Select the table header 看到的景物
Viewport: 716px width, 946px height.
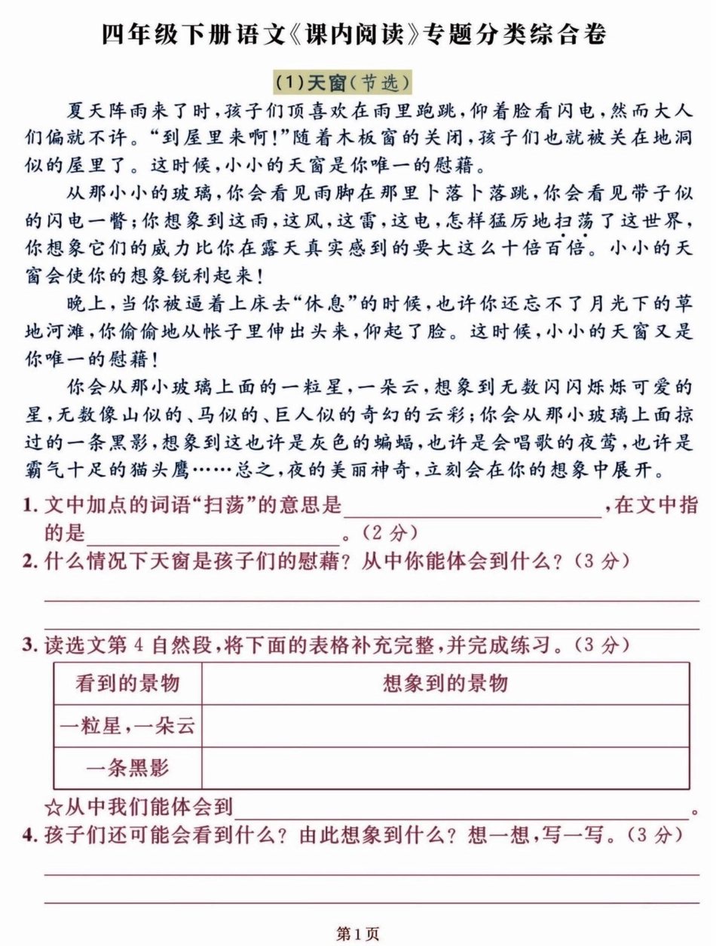pyautogui.click(x=127, y=684)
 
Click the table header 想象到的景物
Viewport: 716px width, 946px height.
pyautogui.click(x=445, y=684)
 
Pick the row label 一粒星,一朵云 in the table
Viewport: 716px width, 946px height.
pyautogui.click(x=127, y=726)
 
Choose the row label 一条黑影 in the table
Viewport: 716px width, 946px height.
pyautogui.click(x=127, y=768)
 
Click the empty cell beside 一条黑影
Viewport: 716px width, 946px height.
pyautogui.click(x=445, y=768)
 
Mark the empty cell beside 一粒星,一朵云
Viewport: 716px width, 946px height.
pyautogui.click(x=445, y=726)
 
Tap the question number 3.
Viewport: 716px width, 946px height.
pyautogui.click(x=29, y=645)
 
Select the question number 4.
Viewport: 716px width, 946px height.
pyautogui.click(x=29, y=835)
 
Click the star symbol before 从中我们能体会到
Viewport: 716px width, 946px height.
pyautogui.click(x=54, y=808)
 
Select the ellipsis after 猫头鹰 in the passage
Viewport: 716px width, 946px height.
pyautogui.click(x=214, y=471)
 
